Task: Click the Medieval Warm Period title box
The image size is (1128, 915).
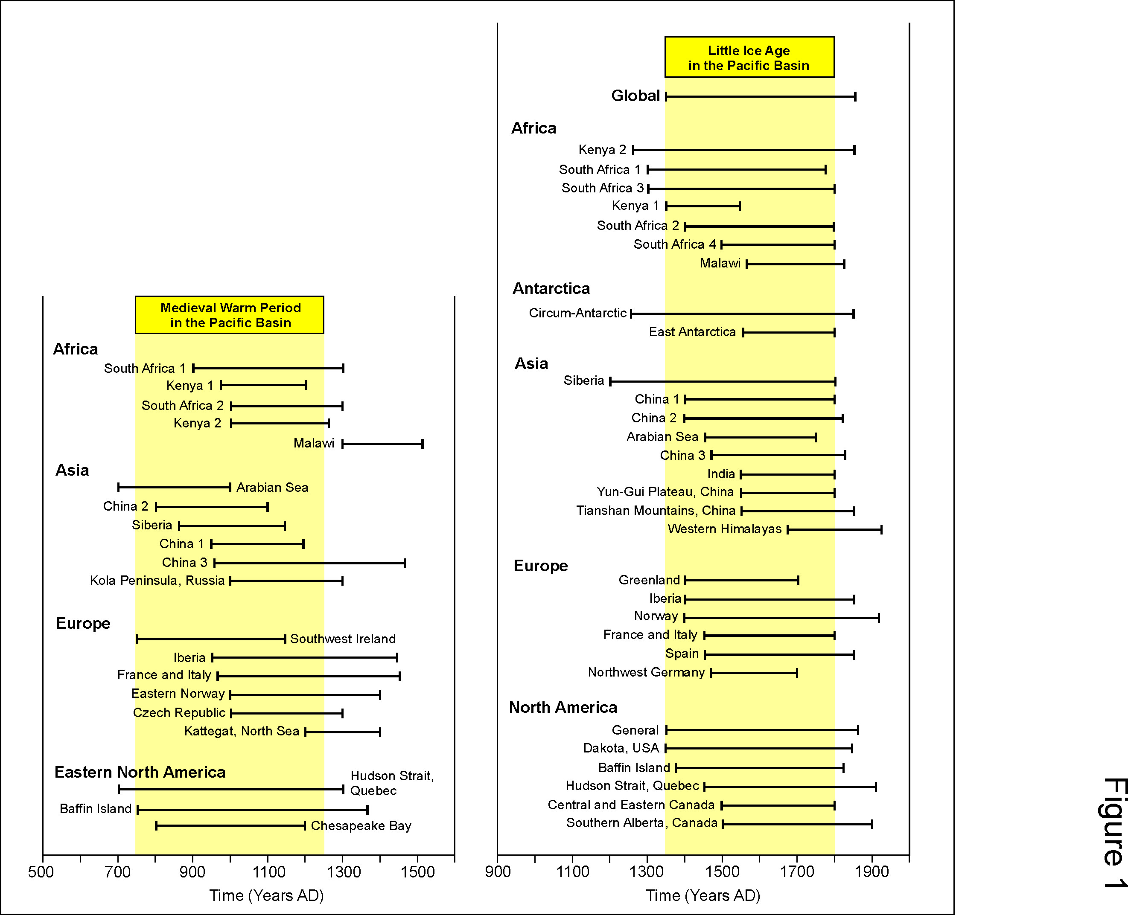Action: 229,315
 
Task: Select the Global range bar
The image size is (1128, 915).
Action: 761,96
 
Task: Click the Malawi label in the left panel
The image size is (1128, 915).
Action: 314,443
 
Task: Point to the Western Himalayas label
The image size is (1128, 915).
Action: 725,529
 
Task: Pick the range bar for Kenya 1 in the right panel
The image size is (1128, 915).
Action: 703,206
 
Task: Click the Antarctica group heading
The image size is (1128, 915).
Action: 551,288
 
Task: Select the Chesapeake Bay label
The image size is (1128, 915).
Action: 361,826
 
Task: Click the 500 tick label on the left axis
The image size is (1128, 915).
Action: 41,872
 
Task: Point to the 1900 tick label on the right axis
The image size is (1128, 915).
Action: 872,872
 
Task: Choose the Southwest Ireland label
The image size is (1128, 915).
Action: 343,639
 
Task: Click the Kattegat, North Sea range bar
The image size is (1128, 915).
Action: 343,732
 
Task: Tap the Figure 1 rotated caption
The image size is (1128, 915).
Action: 1114,833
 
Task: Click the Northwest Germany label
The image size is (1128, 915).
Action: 647,673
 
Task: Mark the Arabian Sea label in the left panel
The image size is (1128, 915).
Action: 272,488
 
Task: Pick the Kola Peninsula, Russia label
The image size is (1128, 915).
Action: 157,581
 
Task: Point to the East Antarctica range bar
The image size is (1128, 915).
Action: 789,333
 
